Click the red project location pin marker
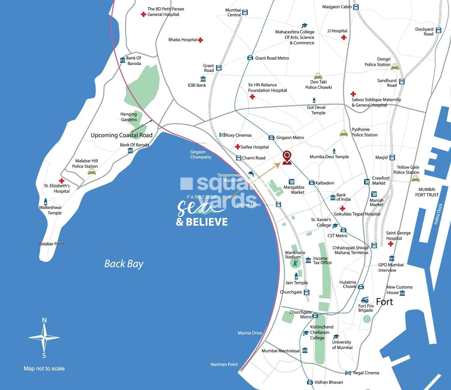click(287, 157)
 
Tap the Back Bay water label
click(124, 264)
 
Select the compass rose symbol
click(44, 338)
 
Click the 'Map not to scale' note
click(44, 369)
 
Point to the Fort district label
click(385, 302)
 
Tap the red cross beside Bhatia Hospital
click(201, 40)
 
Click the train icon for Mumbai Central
click(245, 13)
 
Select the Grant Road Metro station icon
click(250, 58)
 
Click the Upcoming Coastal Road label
click(121, 135)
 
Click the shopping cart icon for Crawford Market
click(367, 181)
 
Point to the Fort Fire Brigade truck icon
click(365, 300)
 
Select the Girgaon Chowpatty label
click(201, 154)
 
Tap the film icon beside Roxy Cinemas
click(222, 135)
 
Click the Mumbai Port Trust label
click(427, 192)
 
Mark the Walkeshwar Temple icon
click(46, 201)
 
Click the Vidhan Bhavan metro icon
click(310, 382)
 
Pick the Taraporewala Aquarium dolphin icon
click(251, 174)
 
